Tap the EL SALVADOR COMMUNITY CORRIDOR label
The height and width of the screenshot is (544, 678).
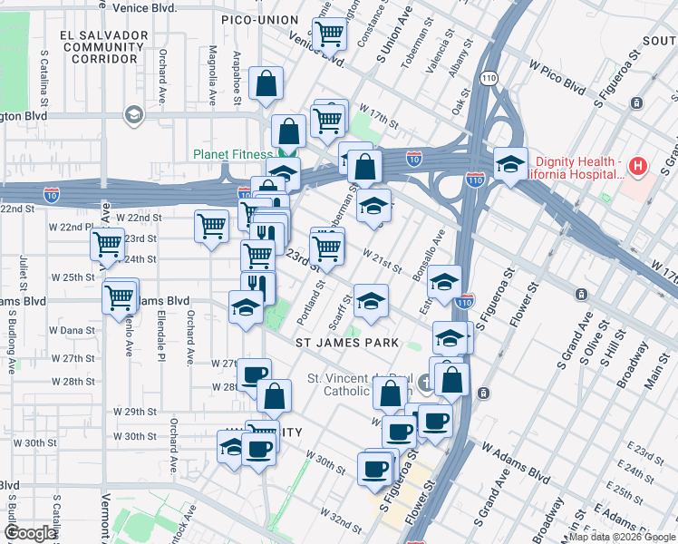pos(104,46)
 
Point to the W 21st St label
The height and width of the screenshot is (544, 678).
pos(382,259)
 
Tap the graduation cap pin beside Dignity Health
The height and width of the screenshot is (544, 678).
pos(510,164)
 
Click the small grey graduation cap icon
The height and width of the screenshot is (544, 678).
pos(133,114)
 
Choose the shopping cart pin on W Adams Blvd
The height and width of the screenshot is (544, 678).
pos(120,296)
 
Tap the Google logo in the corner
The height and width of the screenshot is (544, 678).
pos(31,533)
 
